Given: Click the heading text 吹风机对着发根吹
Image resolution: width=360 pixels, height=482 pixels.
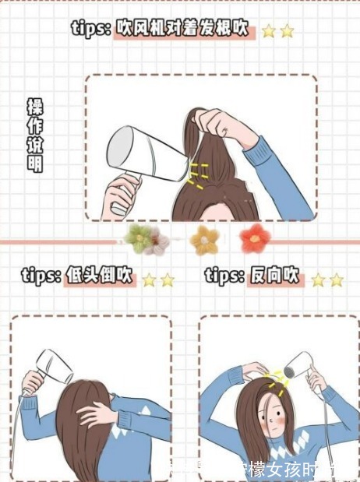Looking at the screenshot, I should [x=183, y=30].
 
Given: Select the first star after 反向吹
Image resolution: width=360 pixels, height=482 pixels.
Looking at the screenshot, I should [x=318, y=280].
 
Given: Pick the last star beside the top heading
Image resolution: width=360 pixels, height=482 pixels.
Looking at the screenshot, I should [x=288, y=31].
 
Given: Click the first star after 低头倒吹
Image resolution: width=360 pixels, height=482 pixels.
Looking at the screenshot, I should [x=149, y=280].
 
